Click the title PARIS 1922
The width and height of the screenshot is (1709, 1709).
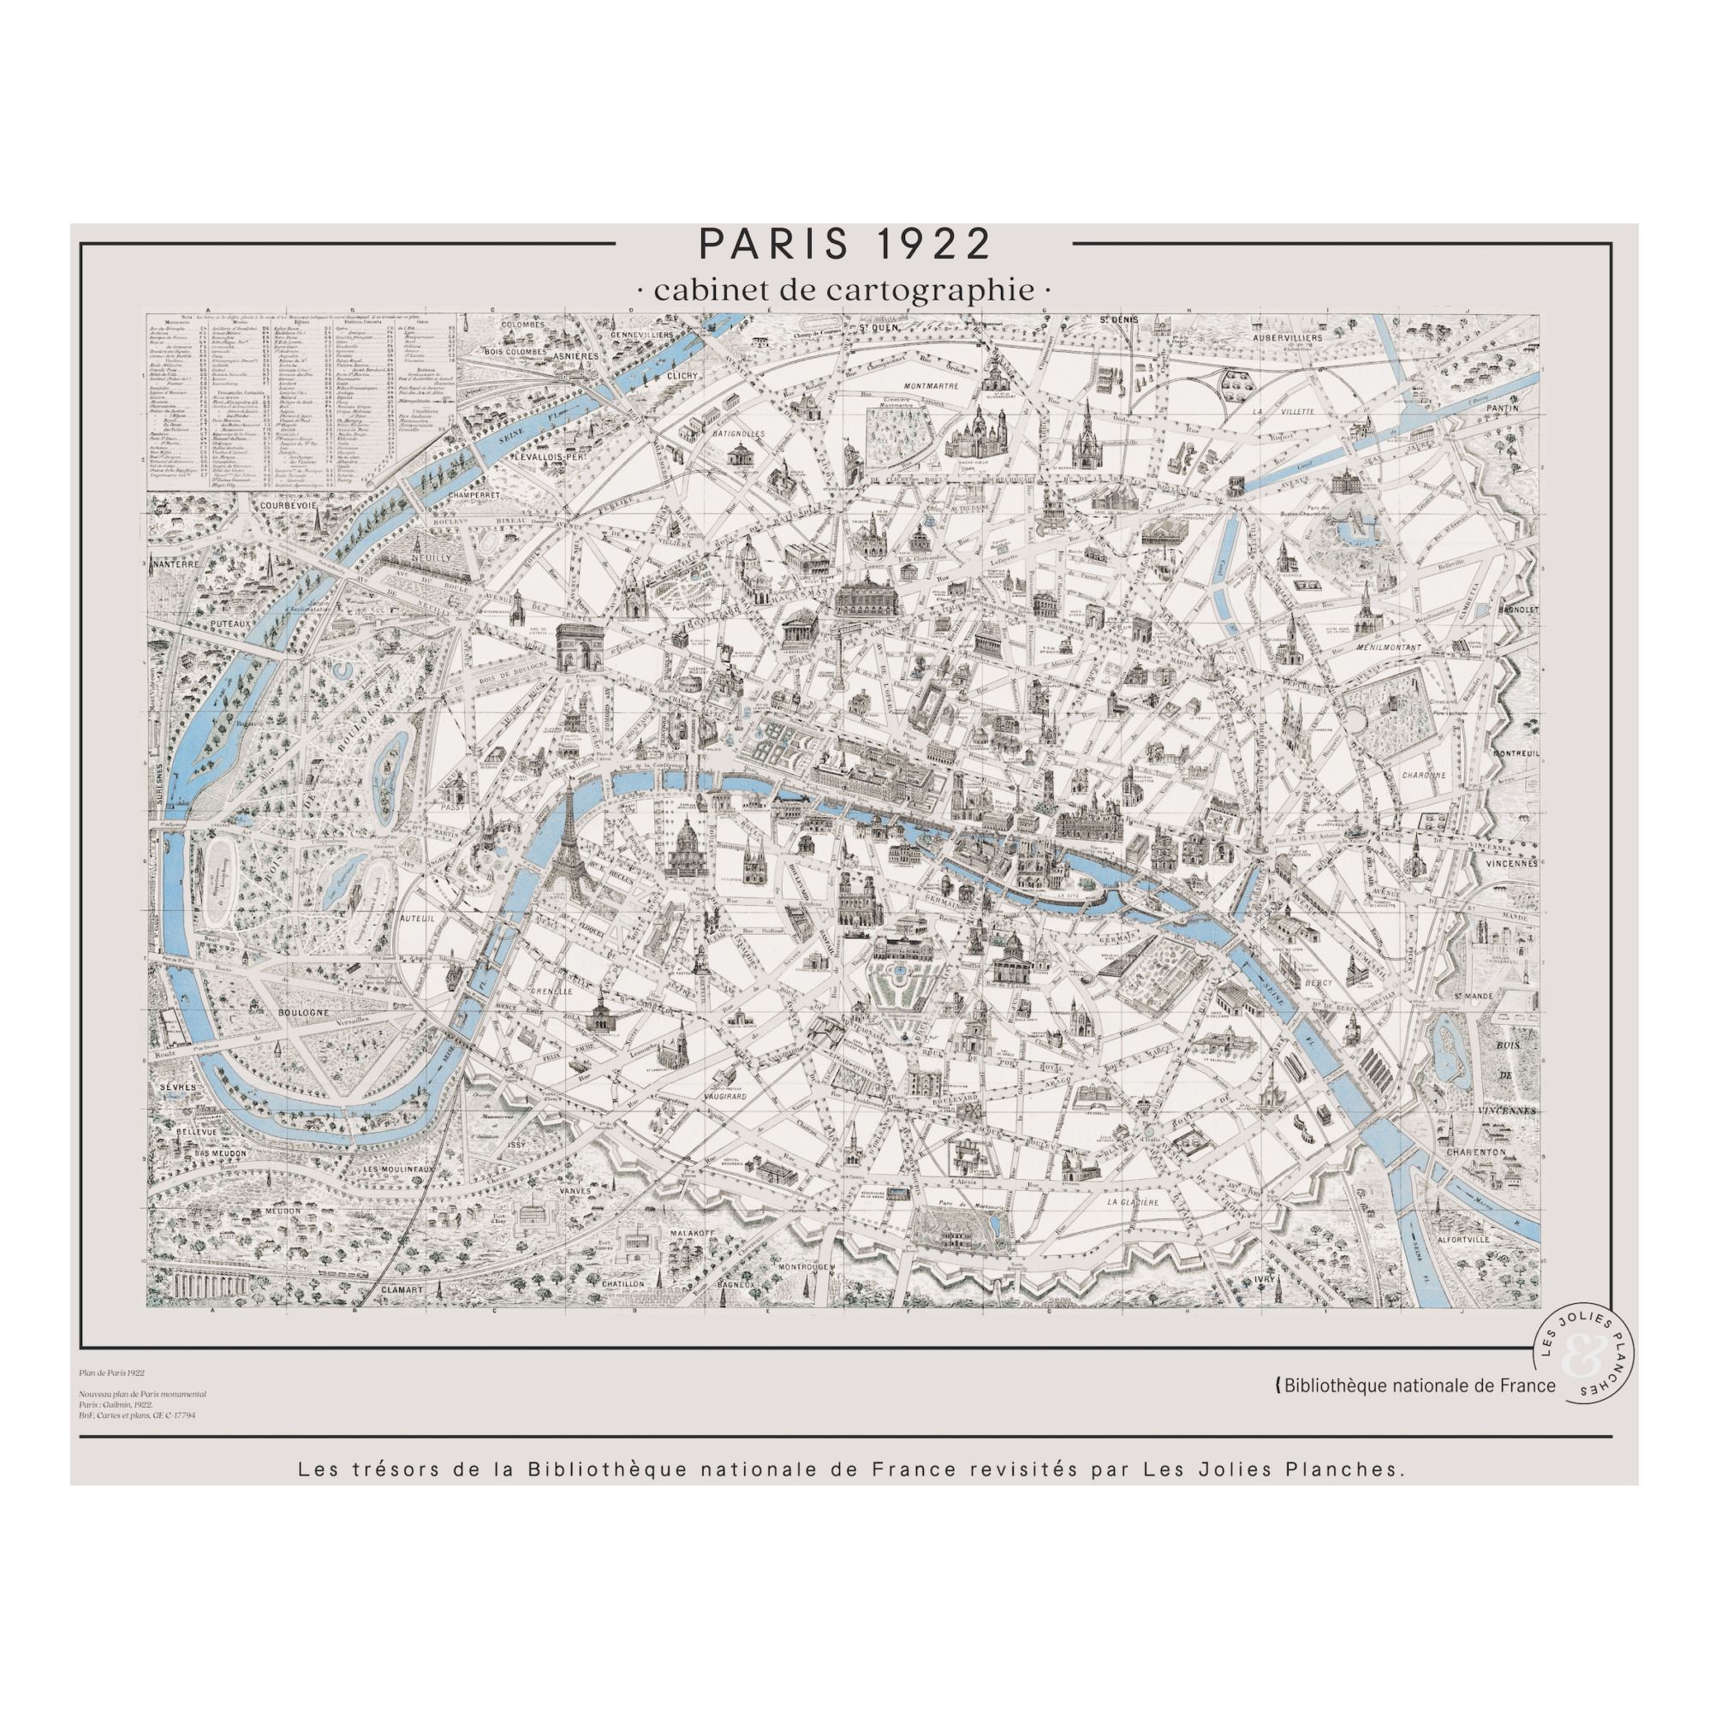(844, 244)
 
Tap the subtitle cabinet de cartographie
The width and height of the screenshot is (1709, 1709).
(844, 290)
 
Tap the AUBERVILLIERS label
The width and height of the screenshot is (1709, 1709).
(1288, 338)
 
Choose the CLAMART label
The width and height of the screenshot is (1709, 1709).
(404, 1289)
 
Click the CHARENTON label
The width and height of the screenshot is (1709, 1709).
(1475, 1152)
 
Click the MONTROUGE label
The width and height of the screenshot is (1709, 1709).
(801, 1266)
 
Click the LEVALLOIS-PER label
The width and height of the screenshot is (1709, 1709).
(551, 457)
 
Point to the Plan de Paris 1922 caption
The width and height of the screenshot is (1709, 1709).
(110, 1373)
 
